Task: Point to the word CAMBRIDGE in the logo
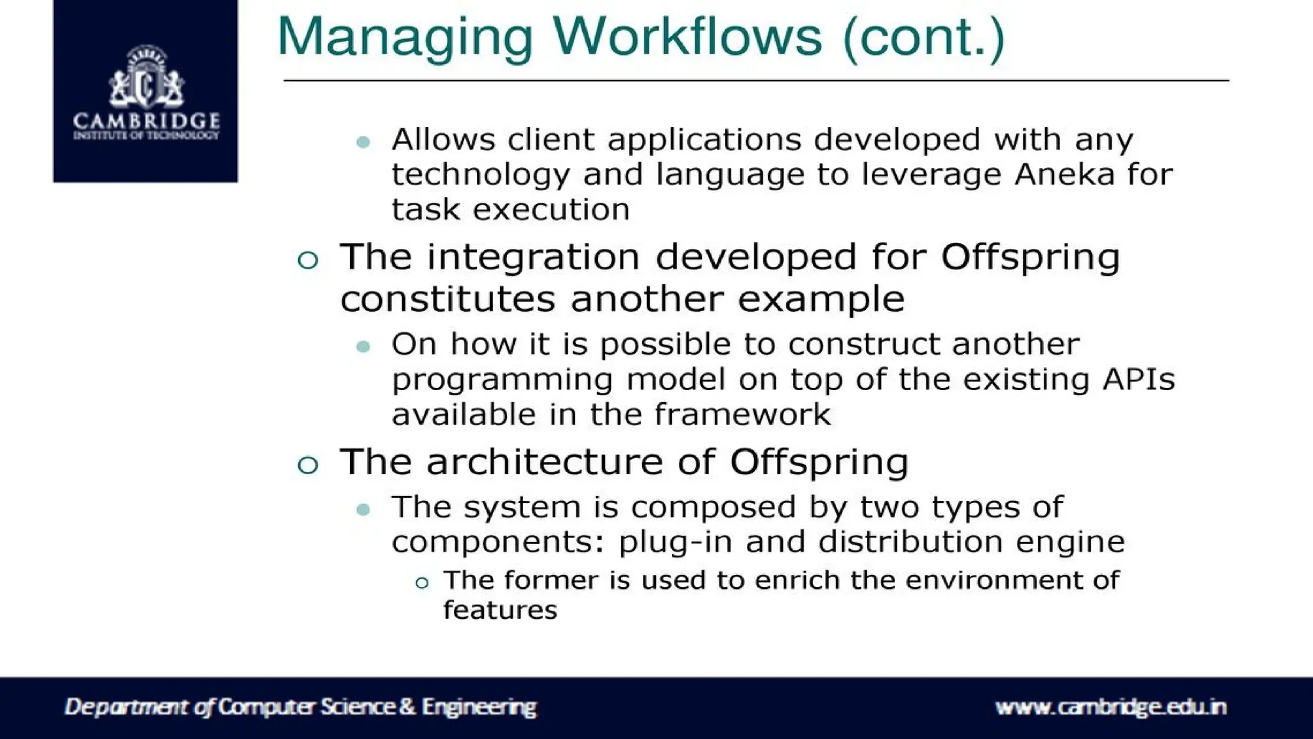point(146,121)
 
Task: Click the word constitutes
point(447,300)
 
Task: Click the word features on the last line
point(500,610)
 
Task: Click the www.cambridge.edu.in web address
point(1110,707)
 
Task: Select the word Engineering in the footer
point(479,708)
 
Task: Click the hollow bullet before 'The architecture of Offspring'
point(308,464)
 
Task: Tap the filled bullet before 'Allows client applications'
point(363,142)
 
